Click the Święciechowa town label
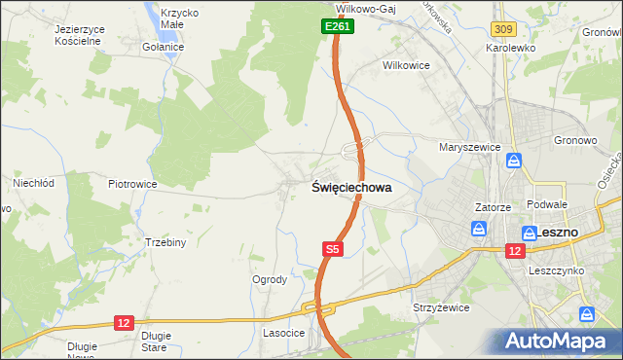351,188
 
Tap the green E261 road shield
337,27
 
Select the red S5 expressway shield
333,250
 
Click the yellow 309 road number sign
502,32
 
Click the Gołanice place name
163,47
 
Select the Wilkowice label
406,64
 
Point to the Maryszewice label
469,148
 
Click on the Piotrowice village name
132,184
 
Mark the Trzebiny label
165,242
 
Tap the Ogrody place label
270,280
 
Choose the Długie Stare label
156,341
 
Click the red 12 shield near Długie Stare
123,322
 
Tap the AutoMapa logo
558,341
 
